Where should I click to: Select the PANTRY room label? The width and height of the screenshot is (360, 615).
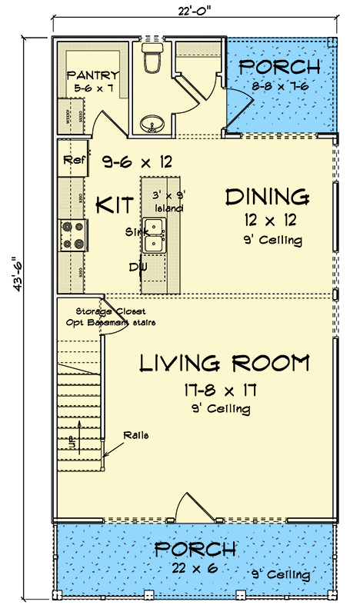tap(92, 75)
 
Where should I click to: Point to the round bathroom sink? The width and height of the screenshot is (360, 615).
tap(152, 123)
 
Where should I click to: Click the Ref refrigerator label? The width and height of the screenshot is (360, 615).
tap(73, 161)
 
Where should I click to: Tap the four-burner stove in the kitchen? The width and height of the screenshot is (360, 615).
tap(73, 235)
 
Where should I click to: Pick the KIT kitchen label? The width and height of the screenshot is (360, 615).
tap(114, 205)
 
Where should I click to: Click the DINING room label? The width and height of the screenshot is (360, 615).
tap(267, 197)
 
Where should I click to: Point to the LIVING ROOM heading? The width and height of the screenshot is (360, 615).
tap(224, 362)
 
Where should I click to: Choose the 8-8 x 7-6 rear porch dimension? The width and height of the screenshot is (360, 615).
tap(280, 87)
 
